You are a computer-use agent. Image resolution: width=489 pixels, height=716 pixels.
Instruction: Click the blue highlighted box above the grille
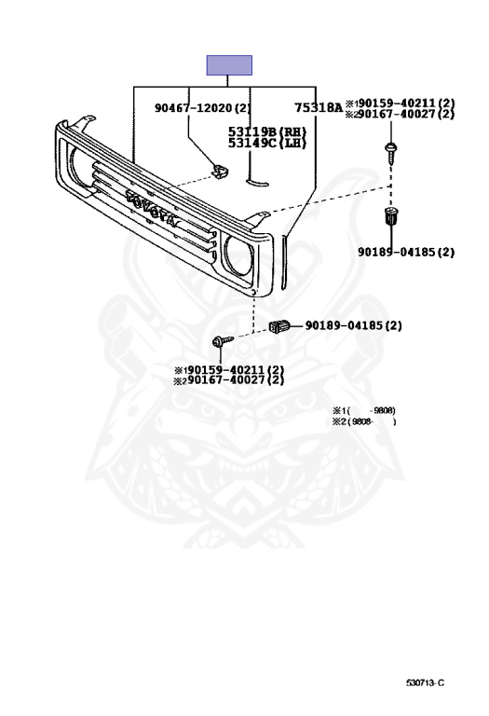(229, 65)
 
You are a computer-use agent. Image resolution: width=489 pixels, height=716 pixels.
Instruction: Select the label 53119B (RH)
(267, 131)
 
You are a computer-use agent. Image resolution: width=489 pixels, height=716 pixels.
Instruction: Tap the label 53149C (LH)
(267, 143)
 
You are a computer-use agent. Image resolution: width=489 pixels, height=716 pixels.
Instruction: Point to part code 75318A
(318, 108)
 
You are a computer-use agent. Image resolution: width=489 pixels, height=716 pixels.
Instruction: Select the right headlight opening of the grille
(238, 256)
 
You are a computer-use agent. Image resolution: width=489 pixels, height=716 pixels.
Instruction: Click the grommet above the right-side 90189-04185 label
(391, 215)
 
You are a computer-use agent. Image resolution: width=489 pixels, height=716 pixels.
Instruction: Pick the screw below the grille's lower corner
(223, 340)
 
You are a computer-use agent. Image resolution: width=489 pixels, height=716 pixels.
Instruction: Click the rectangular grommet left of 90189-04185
(279, 326)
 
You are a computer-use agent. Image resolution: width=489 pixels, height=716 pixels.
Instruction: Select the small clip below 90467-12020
(220, 172)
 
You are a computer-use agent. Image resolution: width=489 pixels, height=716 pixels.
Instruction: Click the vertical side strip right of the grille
(284, 262)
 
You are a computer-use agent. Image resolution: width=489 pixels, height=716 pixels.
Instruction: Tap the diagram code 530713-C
(425, 683)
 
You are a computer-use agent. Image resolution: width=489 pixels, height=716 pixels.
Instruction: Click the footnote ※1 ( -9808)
(363, 410)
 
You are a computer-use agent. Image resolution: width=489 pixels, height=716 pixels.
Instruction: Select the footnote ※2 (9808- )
(363, 421)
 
